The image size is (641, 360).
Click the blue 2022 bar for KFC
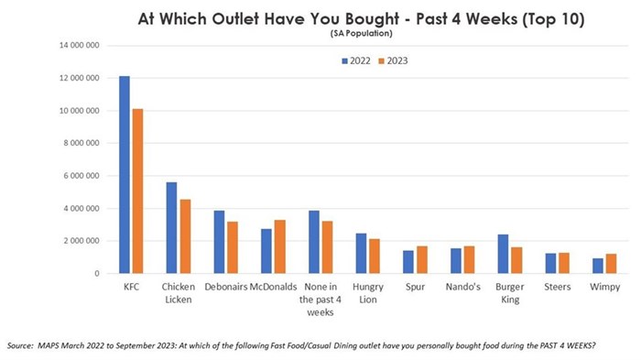point(124,174)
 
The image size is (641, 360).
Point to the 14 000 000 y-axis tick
point(80,46)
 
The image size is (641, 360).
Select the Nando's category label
point(462,287)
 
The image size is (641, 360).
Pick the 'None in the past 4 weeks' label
point(320,299)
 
